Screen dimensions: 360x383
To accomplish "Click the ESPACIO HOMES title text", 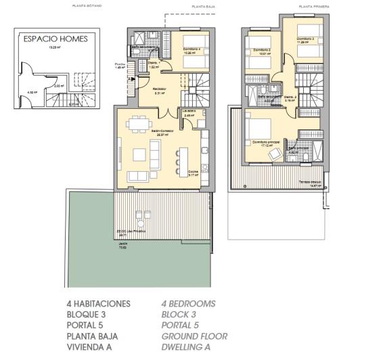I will (x=55, y=39).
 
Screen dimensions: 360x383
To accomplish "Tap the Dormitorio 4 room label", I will (x=193, y=49).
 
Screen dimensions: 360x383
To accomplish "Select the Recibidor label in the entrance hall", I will (x=160, y=89).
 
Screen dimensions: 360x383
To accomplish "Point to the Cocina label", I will (x=193, y=173).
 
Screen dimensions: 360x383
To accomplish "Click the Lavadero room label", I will (x=189, y=110).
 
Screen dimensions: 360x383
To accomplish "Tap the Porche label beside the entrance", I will (x=120, y=64).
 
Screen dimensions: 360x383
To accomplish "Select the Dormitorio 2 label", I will (x=262, y=50).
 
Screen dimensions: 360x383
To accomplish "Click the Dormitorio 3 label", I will (x=305, y=39).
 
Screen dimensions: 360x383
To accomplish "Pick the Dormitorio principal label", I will (x=267, y=142).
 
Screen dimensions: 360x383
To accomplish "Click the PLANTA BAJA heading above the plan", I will (x=203, y=6).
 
